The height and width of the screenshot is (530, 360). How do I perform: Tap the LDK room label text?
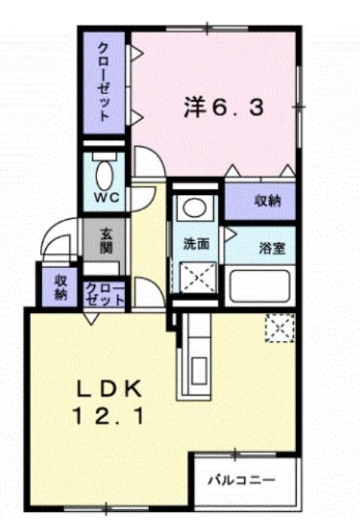(109, 391)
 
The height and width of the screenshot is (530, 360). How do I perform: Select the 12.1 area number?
(108, 417)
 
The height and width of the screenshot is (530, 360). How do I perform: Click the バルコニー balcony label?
(241, 480)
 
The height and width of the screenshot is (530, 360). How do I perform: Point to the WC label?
(106, 197)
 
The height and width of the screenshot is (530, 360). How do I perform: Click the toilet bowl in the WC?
(105, 175)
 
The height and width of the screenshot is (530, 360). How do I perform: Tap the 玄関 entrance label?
(106, 242)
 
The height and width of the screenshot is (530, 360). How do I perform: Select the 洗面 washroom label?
(196, 244)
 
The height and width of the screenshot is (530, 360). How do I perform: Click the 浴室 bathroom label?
(273, 248)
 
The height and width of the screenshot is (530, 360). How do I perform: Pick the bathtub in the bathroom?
(260, 286)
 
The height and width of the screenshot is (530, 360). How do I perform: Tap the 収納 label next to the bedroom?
(267, 202)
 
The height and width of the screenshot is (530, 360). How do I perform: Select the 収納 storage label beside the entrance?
(61, 288)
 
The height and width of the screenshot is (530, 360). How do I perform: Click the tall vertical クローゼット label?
(104, 82)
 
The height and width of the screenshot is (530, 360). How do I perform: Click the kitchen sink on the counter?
(198, 371)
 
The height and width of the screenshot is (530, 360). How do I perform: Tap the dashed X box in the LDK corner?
(279, 328)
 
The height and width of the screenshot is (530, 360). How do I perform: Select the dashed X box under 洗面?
(198, 279)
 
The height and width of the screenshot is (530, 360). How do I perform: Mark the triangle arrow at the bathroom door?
(230, 234)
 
